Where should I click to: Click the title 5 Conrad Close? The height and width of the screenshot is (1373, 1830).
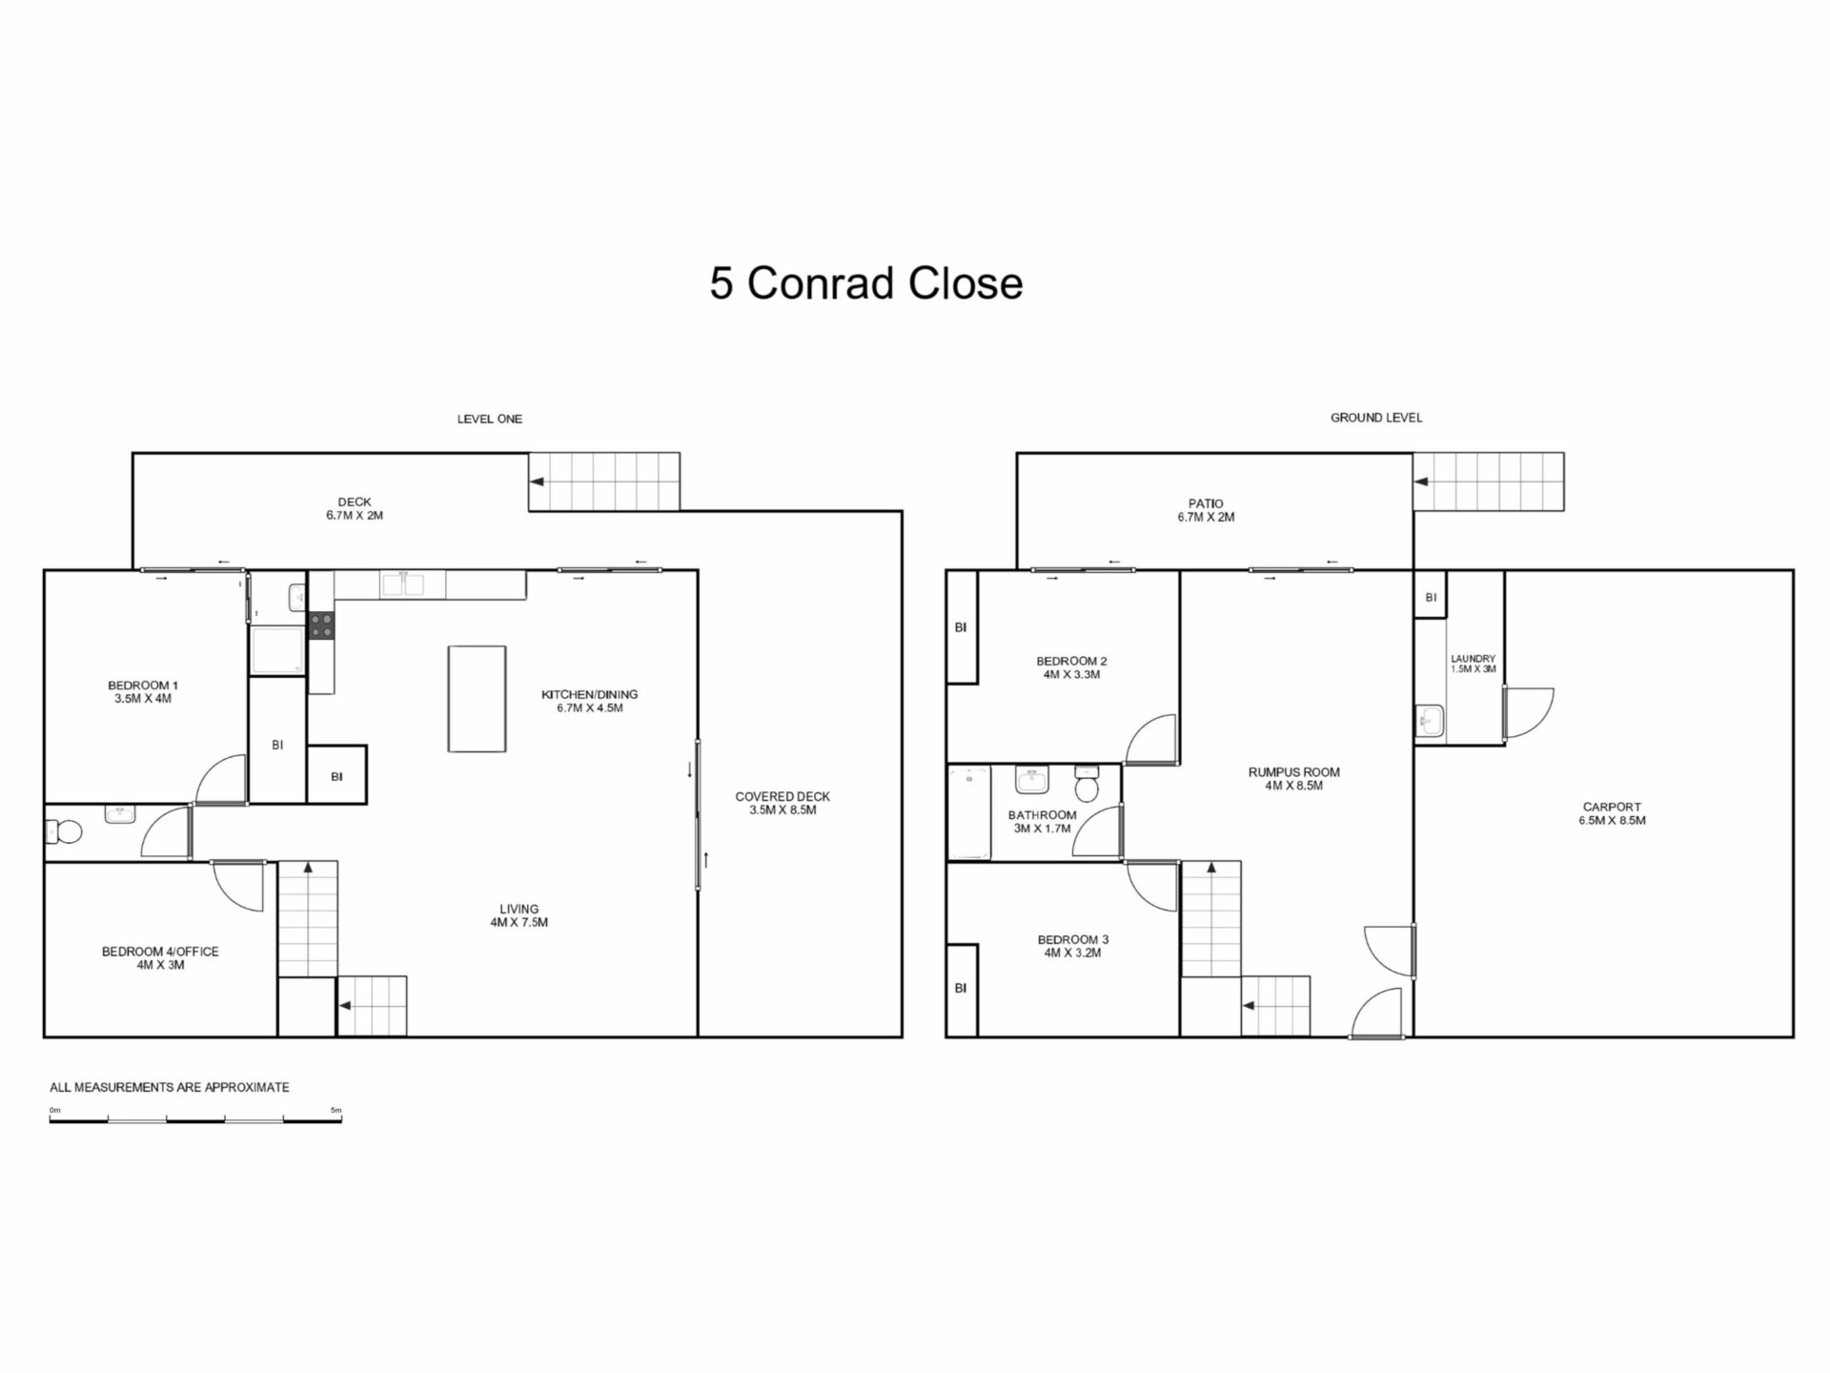(x=866, y=283)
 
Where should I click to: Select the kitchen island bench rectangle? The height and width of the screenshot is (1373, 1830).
(x=477, y=699)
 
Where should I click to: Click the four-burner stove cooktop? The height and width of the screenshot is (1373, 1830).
(x=321, y=625)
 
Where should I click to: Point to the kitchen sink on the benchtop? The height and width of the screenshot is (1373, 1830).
(x=403, y=584)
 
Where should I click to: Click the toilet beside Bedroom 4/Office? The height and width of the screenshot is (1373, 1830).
(x=64, y=831)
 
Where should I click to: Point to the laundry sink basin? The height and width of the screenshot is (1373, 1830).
(x=1430, y=722)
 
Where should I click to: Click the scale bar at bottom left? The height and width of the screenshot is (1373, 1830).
(x=195, y=1118)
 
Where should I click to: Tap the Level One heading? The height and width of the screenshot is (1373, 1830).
(x=489, y=419)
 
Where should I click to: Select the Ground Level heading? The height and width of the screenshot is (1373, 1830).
(x=1376, y=418)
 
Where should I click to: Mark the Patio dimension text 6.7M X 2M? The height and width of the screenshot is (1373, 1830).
(x=1206, y=518)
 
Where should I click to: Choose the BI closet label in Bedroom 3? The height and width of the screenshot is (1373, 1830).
(x=961, y=989)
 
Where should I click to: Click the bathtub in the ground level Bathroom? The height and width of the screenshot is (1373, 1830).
(x=969, y=812)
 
